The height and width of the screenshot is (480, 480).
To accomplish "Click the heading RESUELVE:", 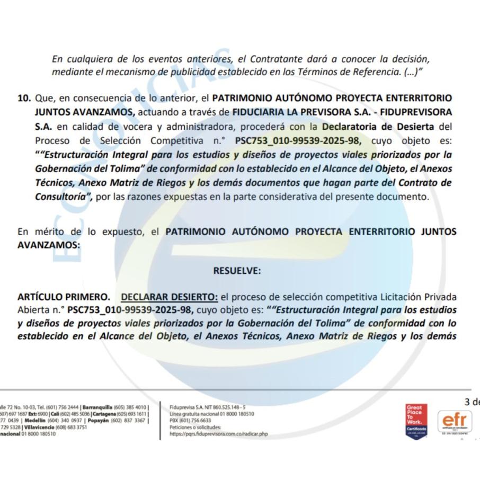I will click(237, 271).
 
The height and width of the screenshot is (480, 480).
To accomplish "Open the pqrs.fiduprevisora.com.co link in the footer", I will click(219, 434).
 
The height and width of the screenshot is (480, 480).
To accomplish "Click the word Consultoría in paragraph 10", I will click(58, 197).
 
